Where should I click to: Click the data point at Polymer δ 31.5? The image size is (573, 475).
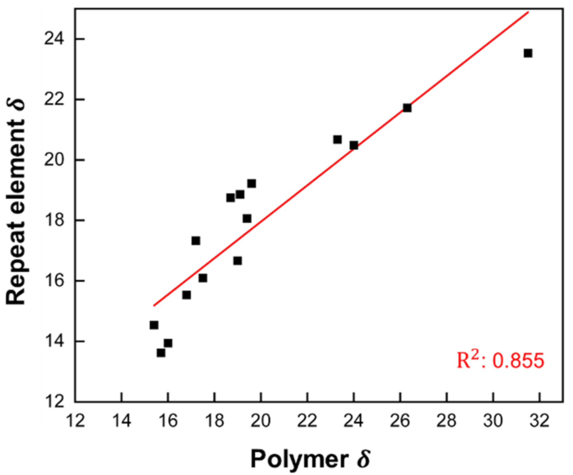(x=528, y=53)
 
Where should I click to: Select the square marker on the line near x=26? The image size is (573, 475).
(x=407, y=108)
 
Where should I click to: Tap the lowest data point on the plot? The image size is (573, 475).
(x=161, y=353)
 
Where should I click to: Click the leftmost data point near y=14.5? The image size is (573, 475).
(x=154, y=325)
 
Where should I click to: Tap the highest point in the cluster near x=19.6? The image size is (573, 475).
(x=252, y=183)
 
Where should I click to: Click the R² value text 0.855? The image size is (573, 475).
(x=518, y=360)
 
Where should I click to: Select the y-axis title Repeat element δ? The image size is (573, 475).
(x=16, y=202)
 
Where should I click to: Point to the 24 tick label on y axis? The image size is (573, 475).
(x=54, y=39)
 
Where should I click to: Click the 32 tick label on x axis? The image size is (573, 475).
(x=540, y=421)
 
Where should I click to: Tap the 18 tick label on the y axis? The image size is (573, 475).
(x=54, y=220)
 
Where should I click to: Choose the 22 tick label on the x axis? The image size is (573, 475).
(x=307, y=421)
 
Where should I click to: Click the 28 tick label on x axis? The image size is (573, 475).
(x=447, y=421)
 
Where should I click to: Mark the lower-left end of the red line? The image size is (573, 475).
(x=154, y=306)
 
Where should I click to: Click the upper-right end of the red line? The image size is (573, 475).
(x=528, y=12)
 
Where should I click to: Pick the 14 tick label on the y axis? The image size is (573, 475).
(x=54, y=341)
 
